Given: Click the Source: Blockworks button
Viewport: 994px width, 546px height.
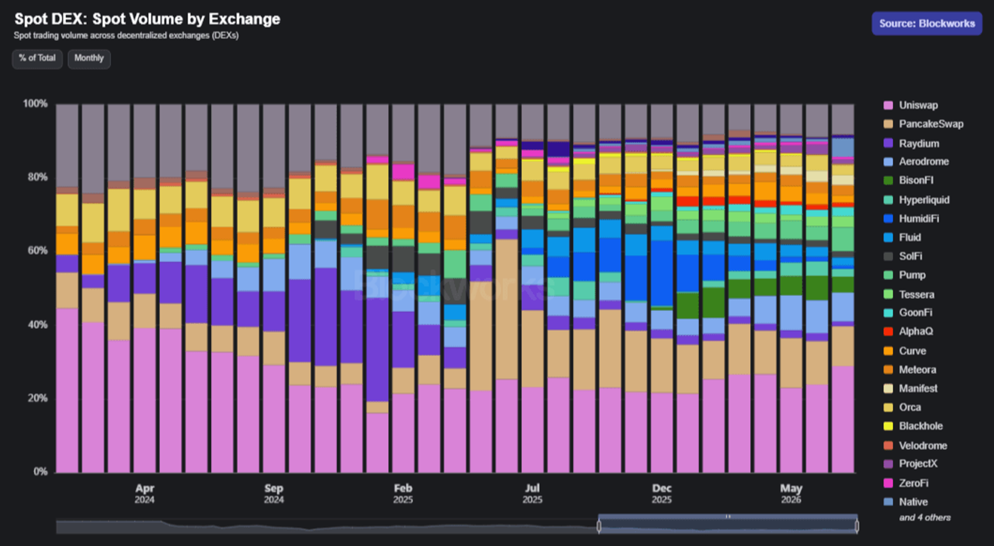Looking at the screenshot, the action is tap(927, 23).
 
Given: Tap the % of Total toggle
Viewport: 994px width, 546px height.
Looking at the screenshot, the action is tap(37, 58).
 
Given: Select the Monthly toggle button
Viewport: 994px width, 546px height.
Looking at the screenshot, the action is tap(89, 58).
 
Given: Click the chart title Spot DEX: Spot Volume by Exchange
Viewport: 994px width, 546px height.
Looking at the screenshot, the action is tap(147, 19).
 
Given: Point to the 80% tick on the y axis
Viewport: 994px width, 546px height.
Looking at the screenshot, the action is tap(37, 177).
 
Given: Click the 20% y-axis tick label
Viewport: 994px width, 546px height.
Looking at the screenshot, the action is tap(37, 398).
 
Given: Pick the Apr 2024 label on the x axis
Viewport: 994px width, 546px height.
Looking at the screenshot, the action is tap(145, 494).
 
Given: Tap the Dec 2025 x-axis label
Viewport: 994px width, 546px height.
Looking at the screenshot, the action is tap(662, 494).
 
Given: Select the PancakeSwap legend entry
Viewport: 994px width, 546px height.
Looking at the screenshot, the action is tap(923, 124).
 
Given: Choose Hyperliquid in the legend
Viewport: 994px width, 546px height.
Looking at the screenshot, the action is tap(916, 200).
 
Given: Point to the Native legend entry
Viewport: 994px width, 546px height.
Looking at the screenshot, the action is tap(905, 502).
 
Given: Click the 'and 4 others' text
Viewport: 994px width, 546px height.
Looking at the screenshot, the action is tap(925, 518).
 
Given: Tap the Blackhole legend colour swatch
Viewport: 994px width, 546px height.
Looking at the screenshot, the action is tap(888, 426).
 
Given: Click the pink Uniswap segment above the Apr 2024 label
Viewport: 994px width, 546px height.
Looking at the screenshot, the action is tap(145, 400).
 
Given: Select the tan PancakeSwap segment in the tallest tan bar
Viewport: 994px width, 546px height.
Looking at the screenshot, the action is tap(506, 309).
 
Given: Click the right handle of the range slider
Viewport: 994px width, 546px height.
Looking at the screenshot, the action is tap(857, 526).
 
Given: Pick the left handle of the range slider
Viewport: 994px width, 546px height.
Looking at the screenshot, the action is tap(599, 526).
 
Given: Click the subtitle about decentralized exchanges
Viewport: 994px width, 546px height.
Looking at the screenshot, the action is tap(126, 36).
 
